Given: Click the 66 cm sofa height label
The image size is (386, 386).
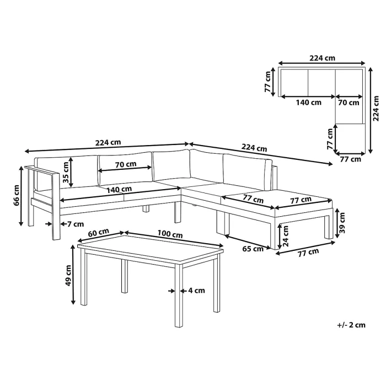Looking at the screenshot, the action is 17,195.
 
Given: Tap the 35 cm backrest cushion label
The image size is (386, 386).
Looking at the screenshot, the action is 66,172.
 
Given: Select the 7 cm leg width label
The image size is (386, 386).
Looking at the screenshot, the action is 76,224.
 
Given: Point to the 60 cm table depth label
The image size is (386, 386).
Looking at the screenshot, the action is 99,232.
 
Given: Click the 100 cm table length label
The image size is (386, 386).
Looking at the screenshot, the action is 170,234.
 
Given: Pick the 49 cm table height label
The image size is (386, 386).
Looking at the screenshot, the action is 68,276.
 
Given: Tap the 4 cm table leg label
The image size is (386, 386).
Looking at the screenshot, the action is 196,291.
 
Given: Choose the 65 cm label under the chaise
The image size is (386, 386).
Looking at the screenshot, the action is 253,249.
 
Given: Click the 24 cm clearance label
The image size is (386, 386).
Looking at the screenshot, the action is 285,237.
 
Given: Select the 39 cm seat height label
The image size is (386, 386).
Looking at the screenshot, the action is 342,223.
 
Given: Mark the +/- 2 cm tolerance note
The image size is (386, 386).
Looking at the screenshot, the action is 351,325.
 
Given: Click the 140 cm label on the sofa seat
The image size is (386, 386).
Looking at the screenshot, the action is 119,189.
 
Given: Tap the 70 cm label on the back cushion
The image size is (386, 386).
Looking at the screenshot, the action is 126,164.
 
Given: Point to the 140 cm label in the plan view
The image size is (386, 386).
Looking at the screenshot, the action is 308,103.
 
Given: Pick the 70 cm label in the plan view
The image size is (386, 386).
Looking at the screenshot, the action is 349,103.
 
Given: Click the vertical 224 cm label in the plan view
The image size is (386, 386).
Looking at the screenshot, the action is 376,108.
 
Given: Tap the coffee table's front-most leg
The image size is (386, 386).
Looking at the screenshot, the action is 179,296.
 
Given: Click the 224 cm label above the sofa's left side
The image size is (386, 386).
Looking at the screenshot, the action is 108,142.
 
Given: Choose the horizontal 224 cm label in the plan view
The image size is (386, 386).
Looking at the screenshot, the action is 322,58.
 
